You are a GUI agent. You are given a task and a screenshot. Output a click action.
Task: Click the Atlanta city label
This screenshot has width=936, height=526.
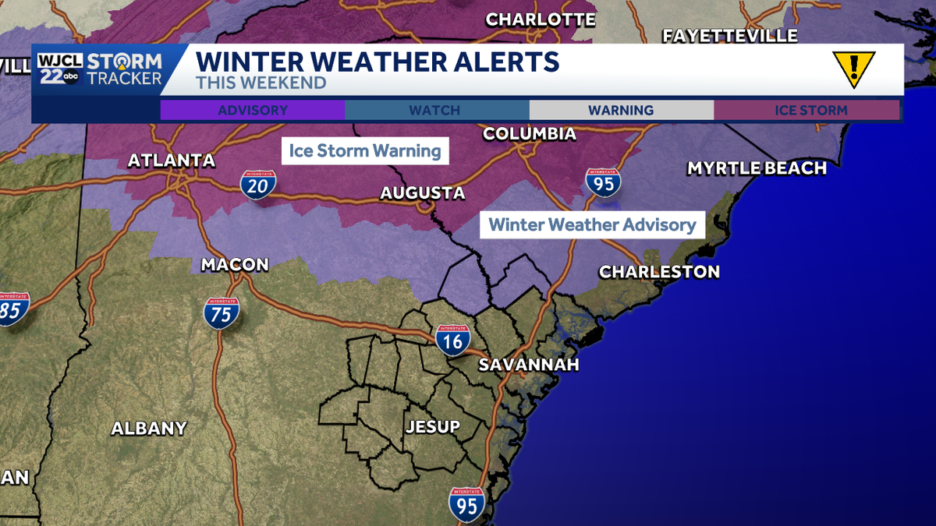tap(171, 161)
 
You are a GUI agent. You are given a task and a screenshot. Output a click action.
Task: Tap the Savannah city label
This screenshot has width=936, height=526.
tap(528, 365)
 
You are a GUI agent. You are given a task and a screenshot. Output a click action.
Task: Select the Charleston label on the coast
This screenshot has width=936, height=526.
tap(659, 272)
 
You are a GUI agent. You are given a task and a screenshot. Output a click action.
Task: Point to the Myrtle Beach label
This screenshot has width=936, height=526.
tap(756, 168)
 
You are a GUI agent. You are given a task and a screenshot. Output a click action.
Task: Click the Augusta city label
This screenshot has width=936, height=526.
tap(422, 193)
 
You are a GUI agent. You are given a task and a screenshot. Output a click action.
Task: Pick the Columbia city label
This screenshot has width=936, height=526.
tap(529, 134)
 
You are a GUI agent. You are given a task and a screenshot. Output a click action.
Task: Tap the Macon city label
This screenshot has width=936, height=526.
tap(234, 265)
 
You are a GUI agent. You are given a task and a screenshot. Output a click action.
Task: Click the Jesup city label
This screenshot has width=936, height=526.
tap(432, 426)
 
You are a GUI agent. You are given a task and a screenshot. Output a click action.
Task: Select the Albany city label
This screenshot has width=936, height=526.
tap(149, 428)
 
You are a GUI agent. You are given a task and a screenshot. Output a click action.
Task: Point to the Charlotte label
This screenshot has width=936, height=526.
tap(541, 19)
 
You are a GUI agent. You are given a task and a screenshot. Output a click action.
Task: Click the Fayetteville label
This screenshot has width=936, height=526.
tap(729, 36)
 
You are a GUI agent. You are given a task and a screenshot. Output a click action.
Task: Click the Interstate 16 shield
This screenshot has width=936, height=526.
tap(452, 339)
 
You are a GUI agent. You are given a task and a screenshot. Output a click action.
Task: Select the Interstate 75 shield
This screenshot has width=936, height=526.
tap(221, 312)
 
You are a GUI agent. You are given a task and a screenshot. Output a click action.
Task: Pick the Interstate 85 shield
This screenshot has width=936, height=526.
tap(12, 309)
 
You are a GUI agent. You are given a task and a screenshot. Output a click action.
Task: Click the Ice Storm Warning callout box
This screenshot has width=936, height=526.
tap(365, 150)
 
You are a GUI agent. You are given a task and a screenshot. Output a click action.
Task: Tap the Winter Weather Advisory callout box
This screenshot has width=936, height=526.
tap(592, 225)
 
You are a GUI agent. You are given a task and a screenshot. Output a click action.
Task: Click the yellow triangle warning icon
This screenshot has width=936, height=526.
tap(853, 69)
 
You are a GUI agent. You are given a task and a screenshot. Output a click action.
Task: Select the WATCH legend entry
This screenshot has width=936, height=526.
tap(436, 110)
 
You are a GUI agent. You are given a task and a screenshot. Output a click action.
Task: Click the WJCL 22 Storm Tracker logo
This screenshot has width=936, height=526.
tap(100, 69)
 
